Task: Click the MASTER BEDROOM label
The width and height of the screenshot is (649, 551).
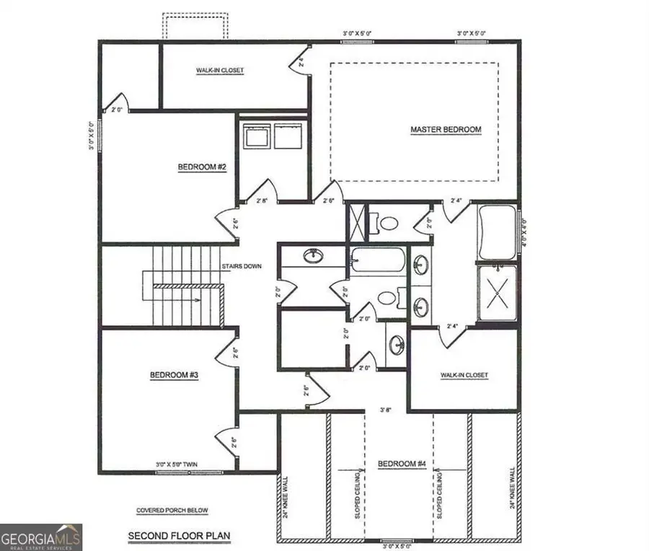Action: [446, 130]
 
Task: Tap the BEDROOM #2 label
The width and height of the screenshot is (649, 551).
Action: [203, 167]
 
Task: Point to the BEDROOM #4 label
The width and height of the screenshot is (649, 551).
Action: [399, 464]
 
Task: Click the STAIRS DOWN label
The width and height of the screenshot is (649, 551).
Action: [242, 266]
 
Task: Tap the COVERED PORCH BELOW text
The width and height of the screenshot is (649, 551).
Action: [172, 511]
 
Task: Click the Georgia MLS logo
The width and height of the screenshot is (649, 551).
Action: [41, 537]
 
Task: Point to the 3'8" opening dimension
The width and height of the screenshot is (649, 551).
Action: [386, 410]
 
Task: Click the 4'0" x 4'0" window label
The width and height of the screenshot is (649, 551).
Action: [524, 233]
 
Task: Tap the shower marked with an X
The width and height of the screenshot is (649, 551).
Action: [498, 293]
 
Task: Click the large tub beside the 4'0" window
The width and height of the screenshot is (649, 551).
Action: [497, 233]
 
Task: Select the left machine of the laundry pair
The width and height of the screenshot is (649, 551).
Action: [255, 136]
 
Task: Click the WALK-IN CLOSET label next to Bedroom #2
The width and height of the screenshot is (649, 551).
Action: [220, 71]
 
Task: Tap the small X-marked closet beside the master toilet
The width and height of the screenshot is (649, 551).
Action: [356, 221]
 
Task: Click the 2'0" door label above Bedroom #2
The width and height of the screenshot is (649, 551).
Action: [117, 110]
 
